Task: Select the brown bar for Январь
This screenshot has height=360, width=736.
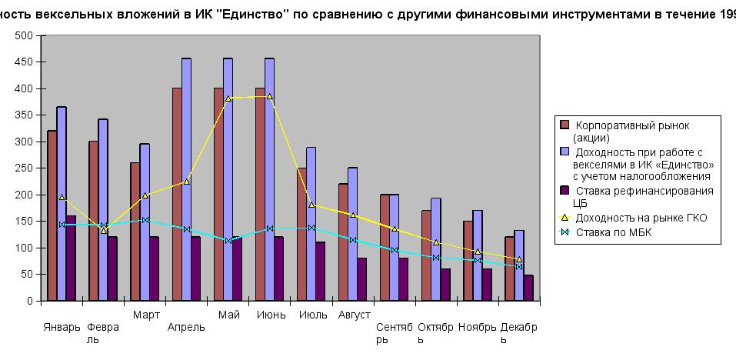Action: coord(52,215)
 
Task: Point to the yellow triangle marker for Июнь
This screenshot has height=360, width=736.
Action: coord(269,96)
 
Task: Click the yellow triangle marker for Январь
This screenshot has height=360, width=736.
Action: coord(62,197)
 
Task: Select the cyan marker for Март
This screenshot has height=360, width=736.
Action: coord(145,220)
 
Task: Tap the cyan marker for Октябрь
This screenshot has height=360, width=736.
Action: coord(435,258)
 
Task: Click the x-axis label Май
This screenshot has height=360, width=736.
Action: coord(228,315)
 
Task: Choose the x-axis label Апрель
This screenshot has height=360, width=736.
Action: coord(186,327)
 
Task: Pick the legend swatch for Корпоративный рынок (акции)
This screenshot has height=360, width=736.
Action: coord(564,125)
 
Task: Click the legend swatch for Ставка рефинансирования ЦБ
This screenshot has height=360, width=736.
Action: coord(564,191)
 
